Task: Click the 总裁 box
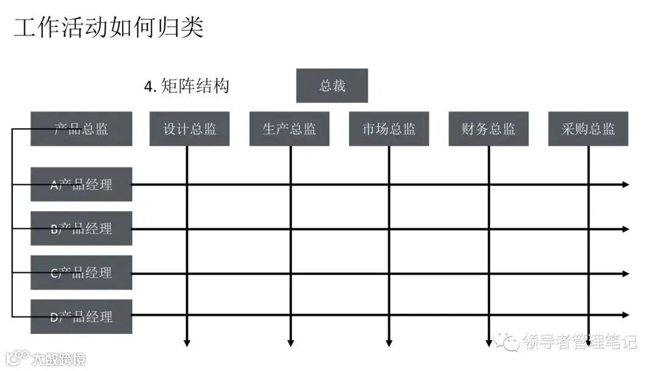[332, 85]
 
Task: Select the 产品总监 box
[81, 129]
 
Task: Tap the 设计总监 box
[189, 129]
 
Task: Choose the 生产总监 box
[289, 129]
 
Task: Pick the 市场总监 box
[389, 129]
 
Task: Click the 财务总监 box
[488, 129]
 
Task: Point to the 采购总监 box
[588, 129]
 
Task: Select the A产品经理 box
[81, 184]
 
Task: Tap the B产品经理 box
[81, 229]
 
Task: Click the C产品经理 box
[81, 273]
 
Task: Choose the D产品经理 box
[81, 317]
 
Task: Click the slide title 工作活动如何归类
[109, 28]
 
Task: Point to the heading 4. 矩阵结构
[187, 86]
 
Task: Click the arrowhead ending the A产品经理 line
[625, 184]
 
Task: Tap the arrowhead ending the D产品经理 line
[625, 315]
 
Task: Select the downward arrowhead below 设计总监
[187, 343]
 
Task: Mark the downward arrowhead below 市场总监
[389, 343]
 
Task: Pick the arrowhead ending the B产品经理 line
[625, 229]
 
